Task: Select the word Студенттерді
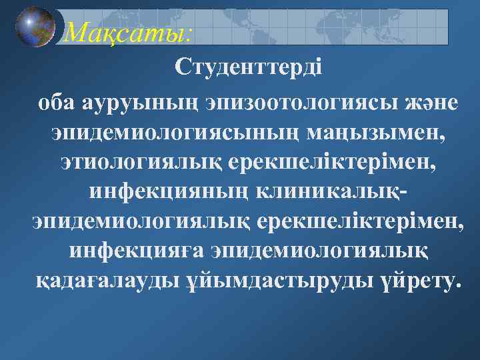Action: click(248, 67)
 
